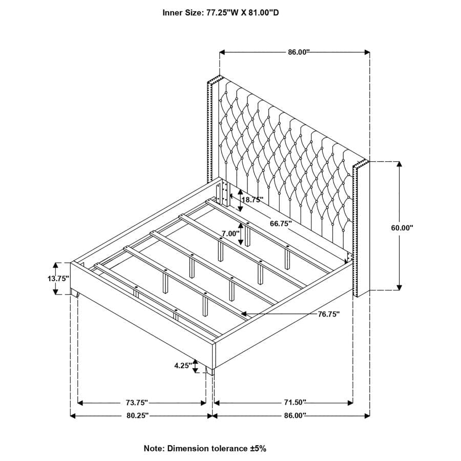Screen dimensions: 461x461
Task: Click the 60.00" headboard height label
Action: click(x=402, y=227)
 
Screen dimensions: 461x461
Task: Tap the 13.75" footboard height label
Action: click(x=58, y=278)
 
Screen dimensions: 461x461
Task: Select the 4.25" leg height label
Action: click(x=183, y=366)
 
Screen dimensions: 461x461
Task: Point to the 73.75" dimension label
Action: click(x=137, y=402)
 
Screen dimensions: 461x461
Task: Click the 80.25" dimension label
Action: click(x=138, y=415)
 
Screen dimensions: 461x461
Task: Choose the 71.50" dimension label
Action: click(x=295, y=402)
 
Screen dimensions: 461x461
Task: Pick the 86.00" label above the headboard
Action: click(x=299, y=52)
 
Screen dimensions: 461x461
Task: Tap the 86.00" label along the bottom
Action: click(x=295, y=415)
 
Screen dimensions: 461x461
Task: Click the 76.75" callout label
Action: click(x=329, y=315)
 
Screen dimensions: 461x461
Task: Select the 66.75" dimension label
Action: click(x=281, y=223)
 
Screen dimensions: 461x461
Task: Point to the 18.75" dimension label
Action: click(x=252, y=200)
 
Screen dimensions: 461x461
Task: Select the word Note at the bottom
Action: click(x=154, y=448)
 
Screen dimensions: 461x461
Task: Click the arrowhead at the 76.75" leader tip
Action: click(x=244, y=314)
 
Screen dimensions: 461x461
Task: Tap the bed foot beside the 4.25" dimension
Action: click(x=209, y=370)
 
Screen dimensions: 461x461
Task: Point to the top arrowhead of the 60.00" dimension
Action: click(x=399, y=164)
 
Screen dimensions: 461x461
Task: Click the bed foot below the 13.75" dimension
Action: click(x=74, y=293)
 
